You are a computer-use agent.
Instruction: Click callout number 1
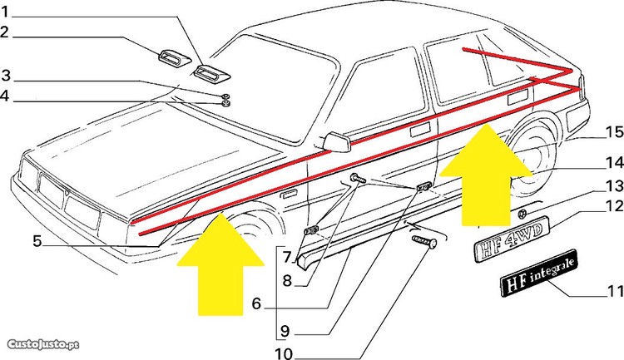[x=5, y=12]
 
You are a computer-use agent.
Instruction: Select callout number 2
[x=4, y=32]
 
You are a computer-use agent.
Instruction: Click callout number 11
[x=615, y=291]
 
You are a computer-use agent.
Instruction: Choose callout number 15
[x=615, y=131]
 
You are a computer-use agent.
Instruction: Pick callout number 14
[x=615, y=162]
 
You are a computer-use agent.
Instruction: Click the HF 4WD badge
[x=512, y=239]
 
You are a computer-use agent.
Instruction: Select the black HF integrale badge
[x=538, y=273]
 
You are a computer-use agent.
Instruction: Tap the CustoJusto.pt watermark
[x=43, y=344]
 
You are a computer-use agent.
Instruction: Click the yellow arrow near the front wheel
[x=220, y=264]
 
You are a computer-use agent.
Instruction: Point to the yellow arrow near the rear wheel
[x=486, y=175]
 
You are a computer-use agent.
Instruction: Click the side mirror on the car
[x=337, y=143]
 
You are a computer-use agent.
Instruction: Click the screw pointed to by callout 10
[x=424, y=241]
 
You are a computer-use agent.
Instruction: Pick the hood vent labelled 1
[x=211, y=74]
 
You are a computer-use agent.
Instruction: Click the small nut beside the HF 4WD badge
[x=523, y=215]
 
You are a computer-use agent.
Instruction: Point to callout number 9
[x=285, y=331]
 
